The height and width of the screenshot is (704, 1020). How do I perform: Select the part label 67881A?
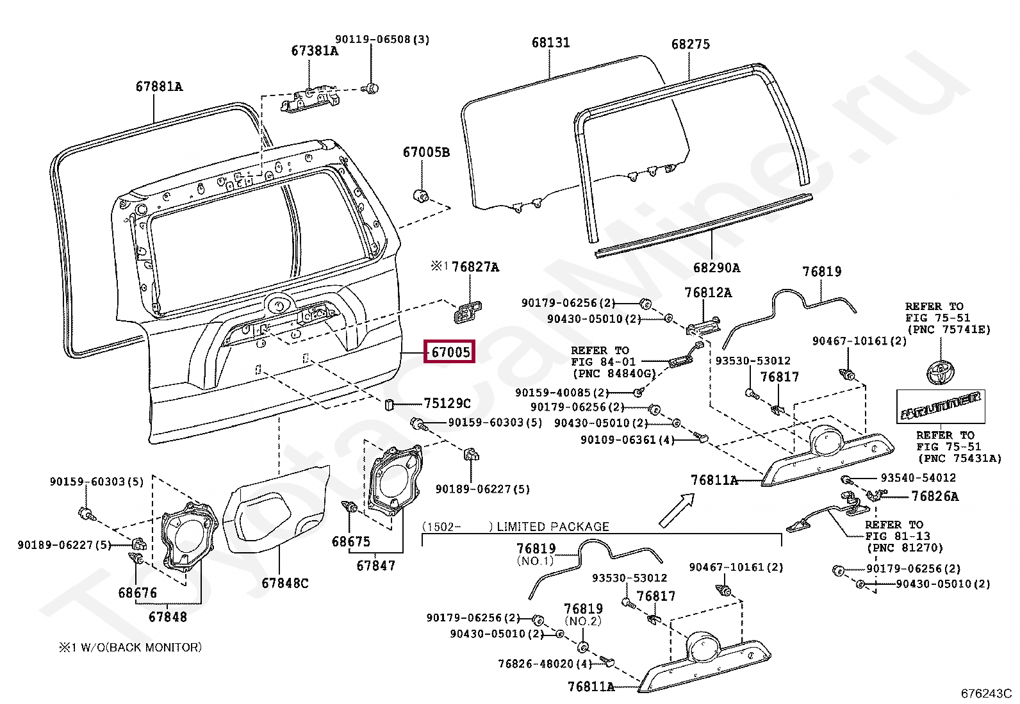tap(159, 86)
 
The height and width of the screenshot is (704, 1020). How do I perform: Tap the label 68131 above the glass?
tap(550, 42)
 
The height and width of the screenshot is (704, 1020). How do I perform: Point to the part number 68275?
tap(690, 44)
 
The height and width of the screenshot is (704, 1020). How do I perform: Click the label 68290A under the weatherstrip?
tap(717, 267)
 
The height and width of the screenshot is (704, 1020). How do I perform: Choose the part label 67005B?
tap(426, 152)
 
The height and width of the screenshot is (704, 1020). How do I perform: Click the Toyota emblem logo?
tap(940, 372)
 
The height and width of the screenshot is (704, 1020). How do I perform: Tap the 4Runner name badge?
tap(941, 406)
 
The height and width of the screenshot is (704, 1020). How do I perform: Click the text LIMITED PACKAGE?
tap(553, 527)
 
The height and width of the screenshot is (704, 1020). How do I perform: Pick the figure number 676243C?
tap(986, 693)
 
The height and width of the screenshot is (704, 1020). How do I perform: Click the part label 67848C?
tap(285, 583)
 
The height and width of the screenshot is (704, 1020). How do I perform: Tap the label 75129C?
tap(447, 403)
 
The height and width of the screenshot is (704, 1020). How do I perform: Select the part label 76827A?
tap(475, 267)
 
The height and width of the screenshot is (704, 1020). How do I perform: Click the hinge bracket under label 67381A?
tap(311, 100)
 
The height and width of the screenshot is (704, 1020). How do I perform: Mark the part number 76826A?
tap(935, 496)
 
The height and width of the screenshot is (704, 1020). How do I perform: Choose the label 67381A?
tap(315, 51)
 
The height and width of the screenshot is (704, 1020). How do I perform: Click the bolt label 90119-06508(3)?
tap(383, 40)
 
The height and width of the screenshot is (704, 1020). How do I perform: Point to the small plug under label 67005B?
tap(422, 196)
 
